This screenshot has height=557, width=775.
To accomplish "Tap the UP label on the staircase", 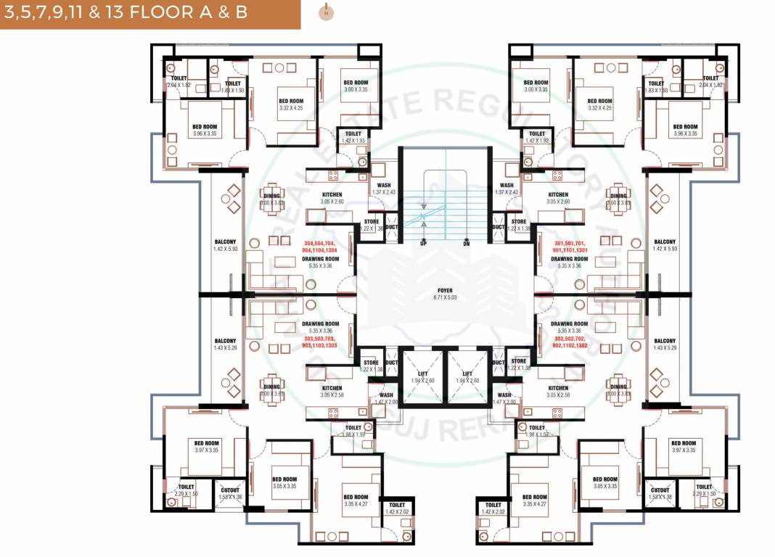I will coord(423,243).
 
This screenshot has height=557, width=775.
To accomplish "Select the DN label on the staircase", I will coord(467,243).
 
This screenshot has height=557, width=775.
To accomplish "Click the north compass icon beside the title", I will coord(327,12).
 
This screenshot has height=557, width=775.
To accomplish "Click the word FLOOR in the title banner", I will coord(203,14).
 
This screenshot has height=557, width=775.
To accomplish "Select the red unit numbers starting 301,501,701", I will coord(570,247).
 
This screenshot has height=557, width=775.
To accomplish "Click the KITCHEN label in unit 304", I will coord(332,194).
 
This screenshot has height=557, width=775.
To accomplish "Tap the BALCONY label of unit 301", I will coord(665,242).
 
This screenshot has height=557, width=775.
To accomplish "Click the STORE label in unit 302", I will coord(518,362).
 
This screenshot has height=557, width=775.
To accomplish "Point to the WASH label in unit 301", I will coord(507,186).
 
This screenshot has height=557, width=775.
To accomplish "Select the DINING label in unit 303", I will coord(271,387).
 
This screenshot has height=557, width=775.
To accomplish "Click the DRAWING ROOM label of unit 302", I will coord(569,323).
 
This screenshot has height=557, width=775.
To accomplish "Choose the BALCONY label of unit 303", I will coord(225,341).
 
